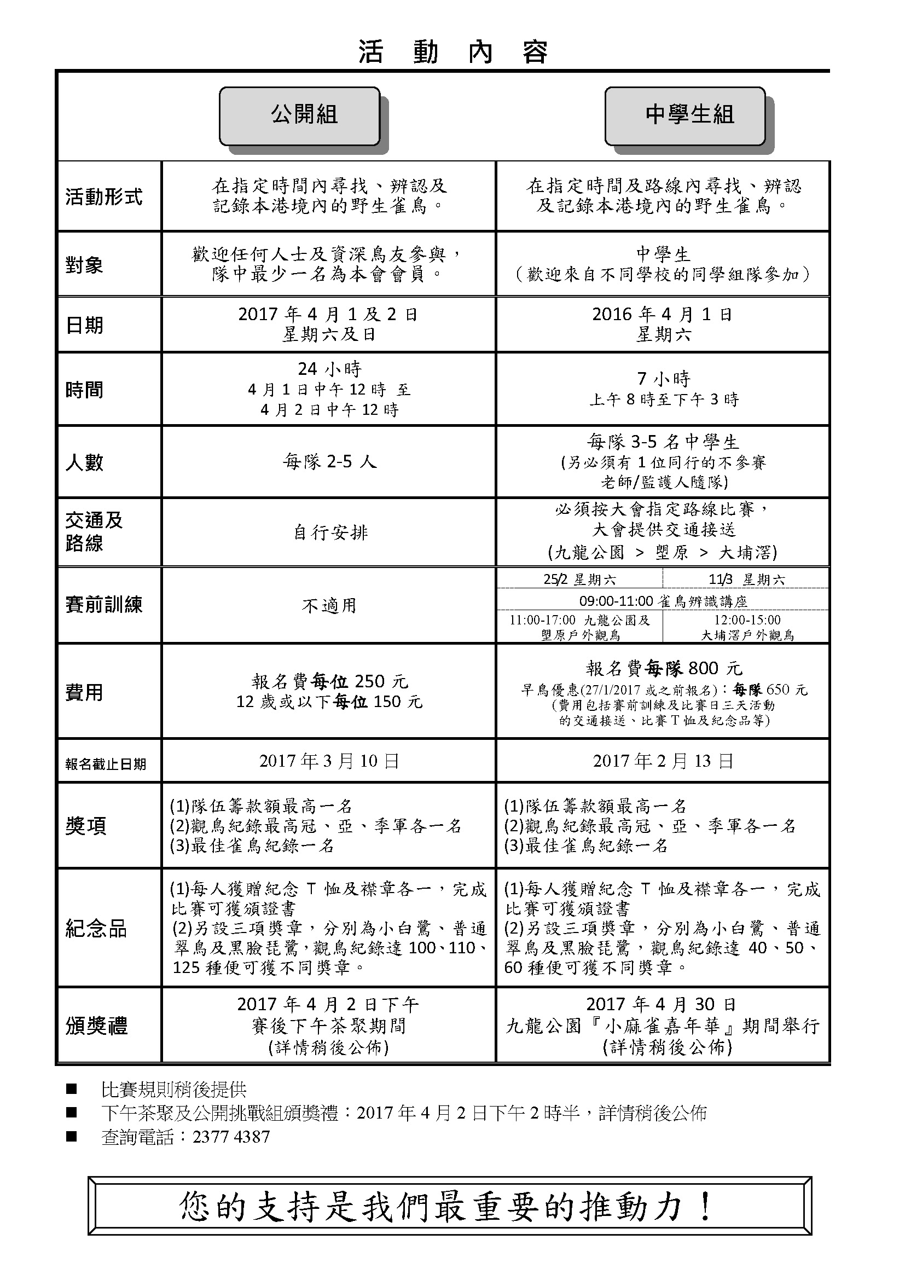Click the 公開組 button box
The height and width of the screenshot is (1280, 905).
point(300,116)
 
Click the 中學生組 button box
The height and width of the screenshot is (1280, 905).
point(685,116)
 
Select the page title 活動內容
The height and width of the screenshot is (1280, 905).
point(452,53)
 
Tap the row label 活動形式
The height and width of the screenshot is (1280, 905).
point(104,196)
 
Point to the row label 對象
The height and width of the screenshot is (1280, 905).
point(84,265)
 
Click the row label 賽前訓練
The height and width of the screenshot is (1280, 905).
point(104,605)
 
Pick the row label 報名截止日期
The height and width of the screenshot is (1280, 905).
point(105,763)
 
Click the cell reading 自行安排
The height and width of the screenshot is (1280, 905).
point(330,533)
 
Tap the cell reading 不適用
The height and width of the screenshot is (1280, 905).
point(329,605)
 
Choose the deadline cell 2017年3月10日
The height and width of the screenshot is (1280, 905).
point(329,761)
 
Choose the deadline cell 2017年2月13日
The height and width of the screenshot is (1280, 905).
point(663,761)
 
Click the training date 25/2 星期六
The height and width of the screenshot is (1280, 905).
point(579,580)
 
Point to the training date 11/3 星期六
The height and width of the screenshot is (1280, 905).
point(746,580)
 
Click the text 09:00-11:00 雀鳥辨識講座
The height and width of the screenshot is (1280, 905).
point(663,601)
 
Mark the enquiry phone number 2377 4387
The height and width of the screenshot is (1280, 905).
point(231,1137)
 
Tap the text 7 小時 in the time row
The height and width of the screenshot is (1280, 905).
point(663,379)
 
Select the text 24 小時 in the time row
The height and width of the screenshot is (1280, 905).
point(330,369)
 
